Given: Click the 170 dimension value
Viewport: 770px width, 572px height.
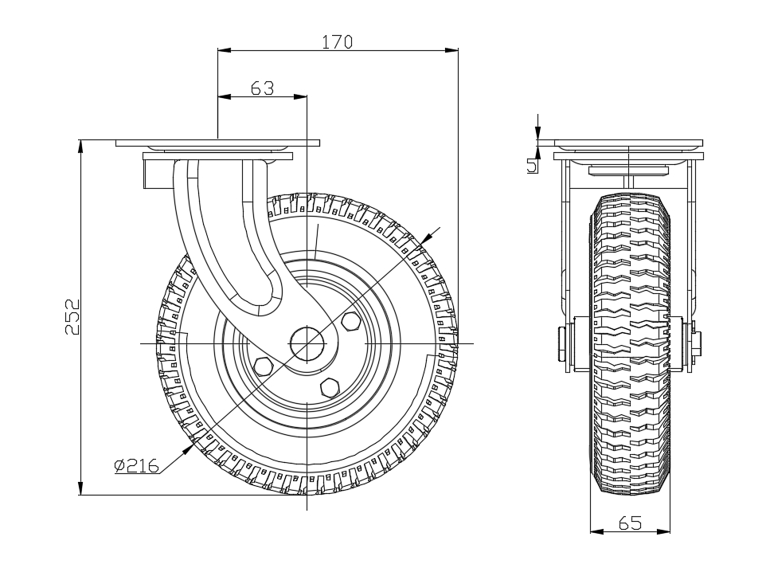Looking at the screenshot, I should [337, 41].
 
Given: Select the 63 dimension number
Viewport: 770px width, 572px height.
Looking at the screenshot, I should [262, 88].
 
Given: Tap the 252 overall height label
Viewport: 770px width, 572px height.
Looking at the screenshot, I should [72, 317].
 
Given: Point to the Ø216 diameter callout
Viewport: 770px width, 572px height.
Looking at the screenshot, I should [136, 465].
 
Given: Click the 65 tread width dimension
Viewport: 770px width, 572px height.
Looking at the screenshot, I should [630, 523].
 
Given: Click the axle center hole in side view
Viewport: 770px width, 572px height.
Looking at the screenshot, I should [307, 343].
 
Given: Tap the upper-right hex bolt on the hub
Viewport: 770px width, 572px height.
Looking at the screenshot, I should [350, 321].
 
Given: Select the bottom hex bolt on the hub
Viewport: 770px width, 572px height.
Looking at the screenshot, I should [328, 387].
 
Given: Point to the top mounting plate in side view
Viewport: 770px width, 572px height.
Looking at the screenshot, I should [217, 143].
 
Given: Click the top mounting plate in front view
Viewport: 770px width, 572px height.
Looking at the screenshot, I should [628, 144].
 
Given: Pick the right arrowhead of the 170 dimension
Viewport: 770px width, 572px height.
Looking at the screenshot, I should [453, 50].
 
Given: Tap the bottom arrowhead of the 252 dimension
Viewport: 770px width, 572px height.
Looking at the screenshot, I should [81, 489].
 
